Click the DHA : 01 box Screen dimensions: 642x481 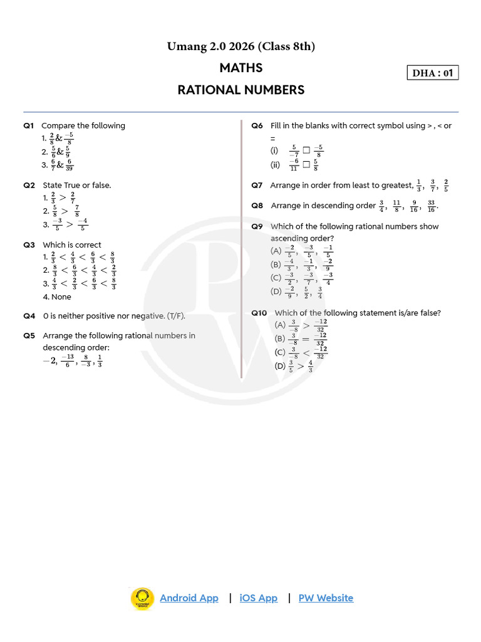[x=432, y=73]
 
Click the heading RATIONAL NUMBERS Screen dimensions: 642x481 [x=241, y=90]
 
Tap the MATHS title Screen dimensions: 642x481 [x=241, y=68]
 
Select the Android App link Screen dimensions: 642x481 [x=189, y=597]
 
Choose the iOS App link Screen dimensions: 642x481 [x=259, y=597]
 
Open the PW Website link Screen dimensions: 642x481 [x=326, y=597]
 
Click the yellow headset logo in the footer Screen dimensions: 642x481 [x=142, y=598]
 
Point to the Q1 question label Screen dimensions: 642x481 [x=29, y=125]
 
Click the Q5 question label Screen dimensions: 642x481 [x=29, y=335]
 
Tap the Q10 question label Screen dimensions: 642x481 [x=259, y=312]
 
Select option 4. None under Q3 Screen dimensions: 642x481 [x=57, y=297]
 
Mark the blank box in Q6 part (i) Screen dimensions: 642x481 [x=306, y=150]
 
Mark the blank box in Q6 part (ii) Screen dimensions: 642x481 [x=306, y=165]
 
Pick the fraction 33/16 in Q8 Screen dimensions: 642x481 [x=431, y=206]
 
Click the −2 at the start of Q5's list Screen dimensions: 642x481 [x=49, y=360]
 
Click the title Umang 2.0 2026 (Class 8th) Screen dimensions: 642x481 [x=241, y=46]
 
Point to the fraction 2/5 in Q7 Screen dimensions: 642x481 [x=446, y=185]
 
